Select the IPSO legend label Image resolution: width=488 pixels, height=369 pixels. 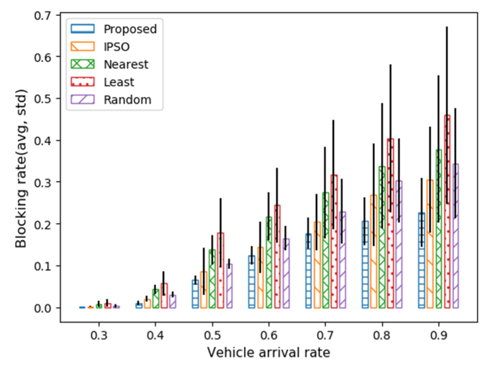click(116, 47)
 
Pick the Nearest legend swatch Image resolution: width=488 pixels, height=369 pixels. click(83, 64)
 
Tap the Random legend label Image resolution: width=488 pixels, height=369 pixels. click(127, 100)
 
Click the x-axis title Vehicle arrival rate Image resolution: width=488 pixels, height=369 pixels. click(269, 353)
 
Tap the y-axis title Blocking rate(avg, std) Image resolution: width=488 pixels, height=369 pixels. click(21, 169)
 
